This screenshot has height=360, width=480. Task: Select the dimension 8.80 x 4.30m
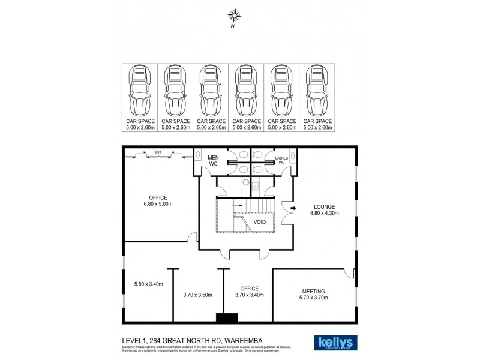point(324,213)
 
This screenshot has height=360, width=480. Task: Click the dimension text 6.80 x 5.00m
point(158,204)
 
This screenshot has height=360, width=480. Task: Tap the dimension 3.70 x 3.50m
point(197,295)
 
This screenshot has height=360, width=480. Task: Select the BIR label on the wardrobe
point(157,153)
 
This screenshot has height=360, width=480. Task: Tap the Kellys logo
point(335,341)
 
